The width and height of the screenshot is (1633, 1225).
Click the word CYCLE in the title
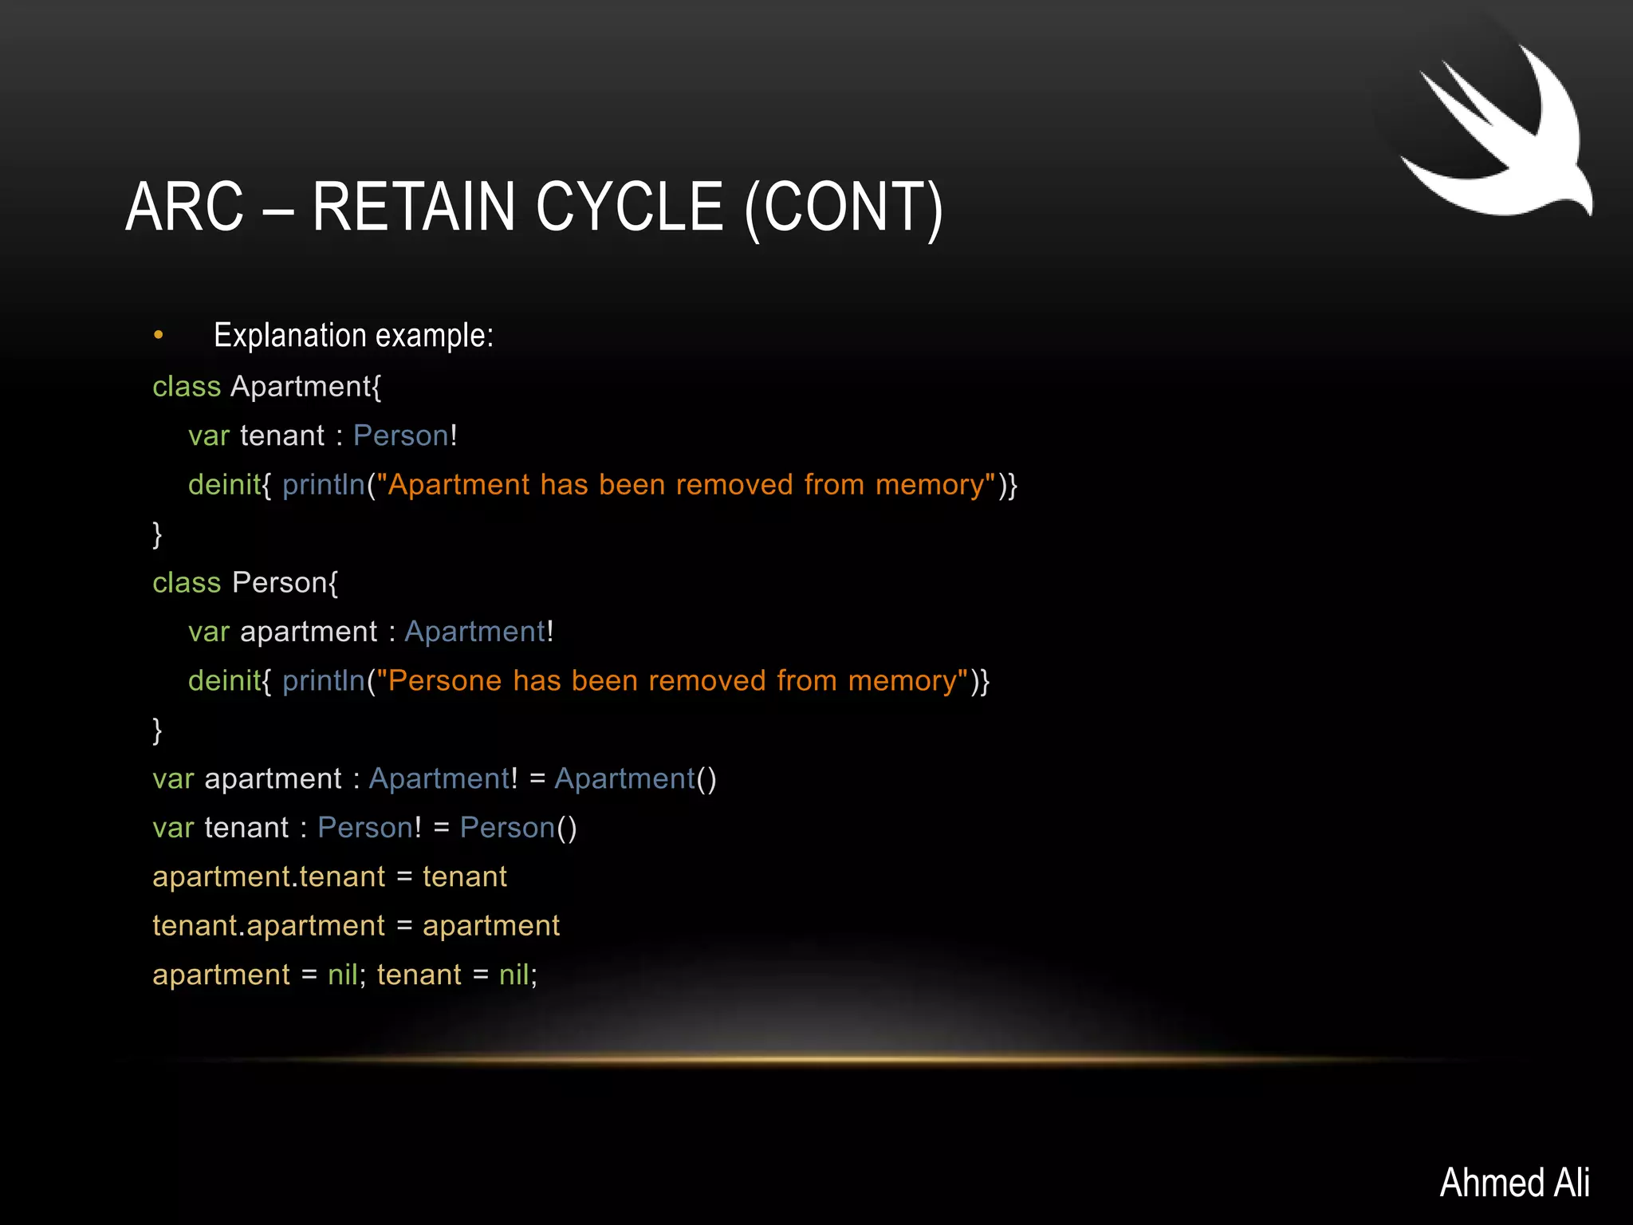pos(629,207)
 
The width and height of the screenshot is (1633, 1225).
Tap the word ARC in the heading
pos(184,207)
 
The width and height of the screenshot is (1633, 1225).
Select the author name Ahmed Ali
pos(1514,1182)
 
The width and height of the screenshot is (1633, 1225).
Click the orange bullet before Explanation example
pos(159,335)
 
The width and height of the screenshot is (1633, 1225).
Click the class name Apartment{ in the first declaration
pos(306,387)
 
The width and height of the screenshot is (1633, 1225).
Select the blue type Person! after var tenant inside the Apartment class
pos(405,435)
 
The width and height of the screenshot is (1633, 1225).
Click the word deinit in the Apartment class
pos(224,485)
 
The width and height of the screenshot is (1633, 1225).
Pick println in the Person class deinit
pos(324,681)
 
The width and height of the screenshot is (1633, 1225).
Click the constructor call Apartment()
pos(635,779)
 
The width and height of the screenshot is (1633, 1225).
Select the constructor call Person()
pos(518,828)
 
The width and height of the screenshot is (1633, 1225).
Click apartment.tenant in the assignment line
pos(269,877)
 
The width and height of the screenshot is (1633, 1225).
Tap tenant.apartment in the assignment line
pos(269,926)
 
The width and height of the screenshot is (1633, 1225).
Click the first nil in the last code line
pos(343,975)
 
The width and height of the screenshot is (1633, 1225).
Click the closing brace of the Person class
pos(157,730)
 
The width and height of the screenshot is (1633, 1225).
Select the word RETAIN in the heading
pos(414,207)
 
